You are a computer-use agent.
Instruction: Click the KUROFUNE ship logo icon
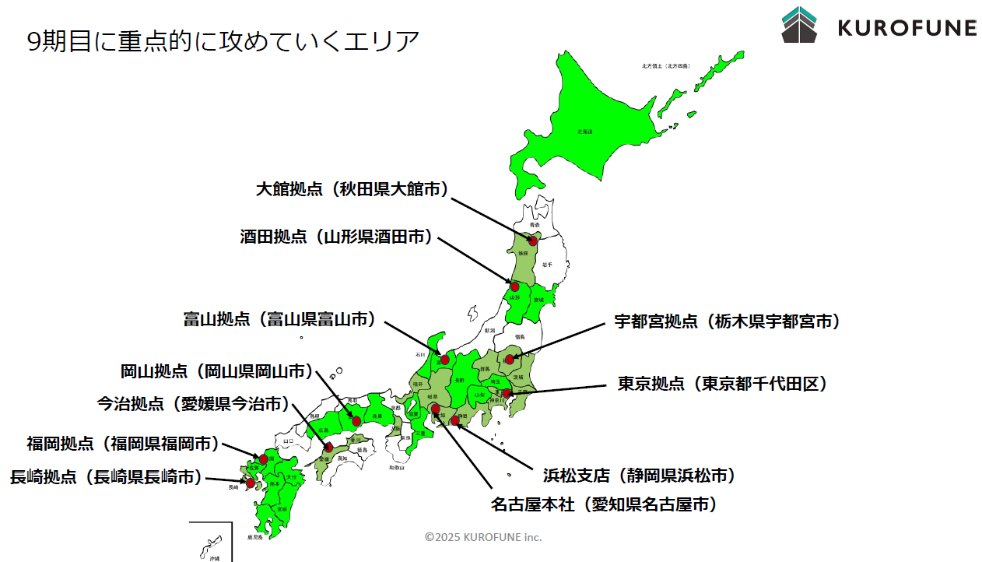click(799, 24)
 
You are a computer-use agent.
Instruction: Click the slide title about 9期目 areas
click(223, 40)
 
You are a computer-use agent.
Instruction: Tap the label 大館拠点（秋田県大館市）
click(352, 189)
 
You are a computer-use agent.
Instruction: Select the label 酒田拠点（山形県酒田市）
click(336, 237)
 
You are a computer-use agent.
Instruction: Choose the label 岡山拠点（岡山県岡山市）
click(217, 371)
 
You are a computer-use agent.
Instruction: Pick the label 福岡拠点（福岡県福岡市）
click(123, 444)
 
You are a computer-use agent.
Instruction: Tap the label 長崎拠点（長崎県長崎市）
click(106, 477)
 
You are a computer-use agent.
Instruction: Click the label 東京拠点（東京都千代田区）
click(722, 384)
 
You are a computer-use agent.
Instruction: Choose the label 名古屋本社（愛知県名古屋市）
click(604, 504)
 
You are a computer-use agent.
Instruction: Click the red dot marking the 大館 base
click(533, 241)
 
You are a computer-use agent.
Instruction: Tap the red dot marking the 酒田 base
click(514, 286)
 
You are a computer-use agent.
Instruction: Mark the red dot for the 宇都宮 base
click(510, 360)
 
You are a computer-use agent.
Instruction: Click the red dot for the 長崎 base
click(250, 483)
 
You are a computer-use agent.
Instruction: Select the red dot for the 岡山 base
click(356, 421)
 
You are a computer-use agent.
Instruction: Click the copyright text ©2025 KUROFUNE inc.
click(483, 537)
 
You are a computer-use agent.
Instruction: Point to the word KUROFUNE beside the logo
click(907, 28)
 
